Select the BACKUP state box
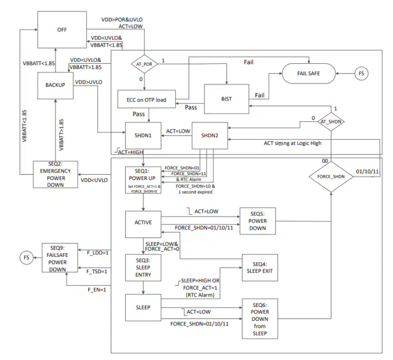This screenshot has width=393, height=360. (x=55, y=85)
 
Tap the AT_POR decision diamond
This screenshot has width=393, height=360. (x=144, y=64)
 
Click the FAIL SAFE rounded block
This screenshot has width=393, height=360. (x=308, y=73)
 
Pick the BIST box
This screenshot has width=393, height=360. (x=226, y=99)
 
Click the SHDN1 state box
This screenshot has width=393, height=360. (x=143, y=135)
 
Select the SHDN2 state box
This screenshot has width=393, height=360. (x=210, y=135)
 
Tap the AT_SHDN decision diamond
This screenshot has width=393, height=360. (x=331, y=121)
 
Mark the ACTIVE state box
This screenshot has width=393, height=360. (x=143, y=222)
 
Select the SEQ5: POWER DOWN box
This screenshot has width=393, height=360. (x=258, y=221)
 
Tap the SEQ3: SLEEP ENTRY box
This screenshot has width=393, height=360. (x=143, y=266)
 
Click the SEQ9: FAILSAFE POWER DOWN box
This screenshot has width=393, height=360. (x=59, y=257)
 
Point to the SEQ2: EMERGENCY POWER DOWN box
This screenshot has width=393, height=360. (x=55, y=175)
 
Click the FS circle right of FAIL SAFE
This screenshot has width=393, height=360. (x=361, y=73)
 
